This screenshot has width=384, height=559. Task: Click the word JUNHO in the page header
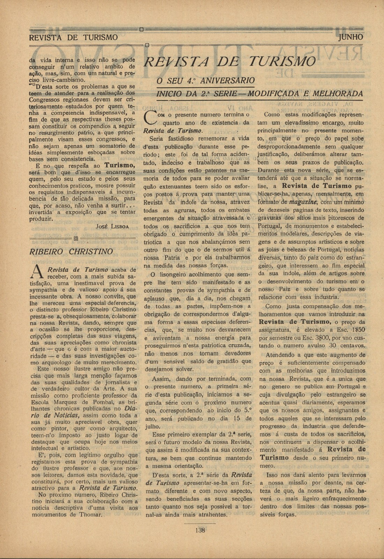point(350,37)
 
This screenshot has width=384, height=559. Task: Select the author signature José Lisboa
point(112,226)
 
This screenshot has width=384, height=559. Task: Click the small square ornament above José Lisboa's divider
point(75,238)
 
